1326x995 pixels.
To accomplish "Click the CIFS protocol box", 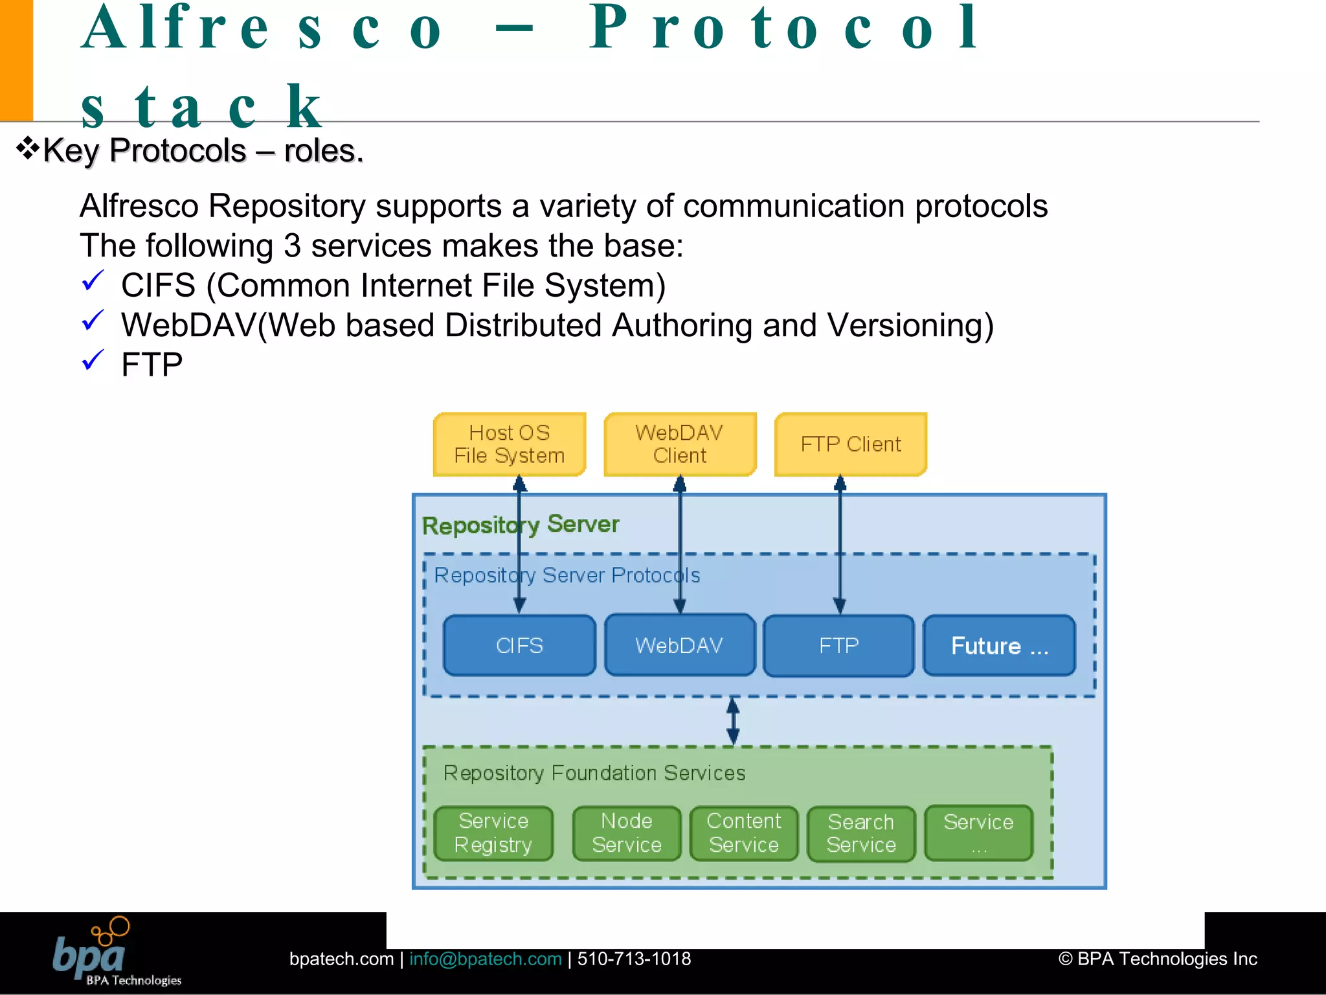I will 519,645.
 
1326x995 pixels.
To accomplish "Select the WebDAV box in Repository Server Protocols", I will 679,645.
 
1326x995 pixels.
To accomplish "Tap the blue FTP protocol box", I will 838,645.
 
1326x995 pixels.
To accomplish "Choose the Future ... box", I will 999,645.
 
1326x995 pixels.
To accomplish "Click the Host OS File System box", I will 509,444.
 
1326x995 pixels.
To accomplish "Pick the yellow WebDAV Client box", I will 679,444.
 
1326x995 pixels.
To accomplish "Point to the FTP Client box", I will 850,444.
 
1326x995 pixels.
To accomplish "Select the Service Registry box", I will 493,833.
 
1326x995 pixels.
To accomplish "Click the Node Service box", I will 626,833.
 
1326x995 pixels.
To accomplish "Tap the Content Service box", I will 743,833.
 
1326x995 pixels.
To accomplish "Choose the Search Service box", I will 860,833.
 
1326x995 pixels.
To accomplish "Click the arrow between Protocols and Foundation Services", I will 733,721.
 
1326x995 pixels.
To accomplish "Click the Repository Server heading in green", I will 521,524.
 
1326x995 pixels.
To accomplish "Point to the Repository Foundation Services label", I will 594,773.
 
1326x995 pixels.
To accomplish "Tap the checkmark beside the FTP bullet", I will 93,360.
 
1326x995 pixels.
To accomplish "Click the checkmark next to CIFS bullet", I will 93,281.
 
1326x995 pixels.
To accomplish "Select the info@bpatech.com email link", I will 485,959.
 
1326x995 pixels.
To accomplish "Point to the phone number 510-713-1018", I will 634,959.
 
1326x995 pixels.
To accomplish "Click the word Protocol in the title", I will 783,29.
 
